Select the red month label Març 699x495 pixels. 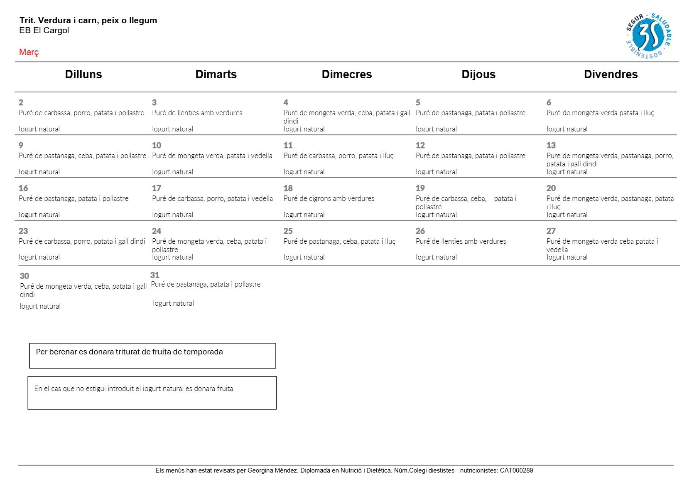click(x=29, y=52)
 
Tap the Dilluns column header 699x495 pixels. click(x=83, y=74)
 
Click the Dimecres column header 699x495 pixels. click(x=346, y=74)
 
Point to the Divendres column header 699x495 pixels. click(x=611, y=74)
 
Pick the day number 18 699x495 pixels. click(x=288, y=188)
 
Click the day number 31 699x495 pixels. click(x=155, y=275)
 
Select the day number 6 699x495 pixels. click(x=549, y=102)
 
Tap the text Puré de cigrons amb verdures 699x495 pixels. click(x=329, y=198)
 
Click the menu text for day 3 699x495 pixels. click(x=197, y=113)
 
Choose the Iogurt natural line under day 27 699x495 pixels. click(x=567, y=257)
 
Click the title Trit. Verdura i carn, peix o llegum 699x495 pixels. click(x=88, y=20)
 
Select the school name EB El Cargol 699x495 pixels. click(x=44, y=30)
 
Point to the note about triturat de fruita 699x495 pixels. click(x=129, y=352)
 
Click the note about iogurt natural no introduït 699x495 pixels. click(x=133, y=389)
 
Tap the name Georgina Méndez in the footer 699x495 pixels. click(x=272, y=470)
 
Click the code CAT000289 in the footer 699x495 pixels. click(x=516, y=470)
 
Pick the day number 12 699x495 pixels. click(x=420, y=145)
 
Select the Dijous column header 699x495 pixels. click(x=478, y=74)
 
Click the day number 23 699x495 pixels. click(x=23, y=231)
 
